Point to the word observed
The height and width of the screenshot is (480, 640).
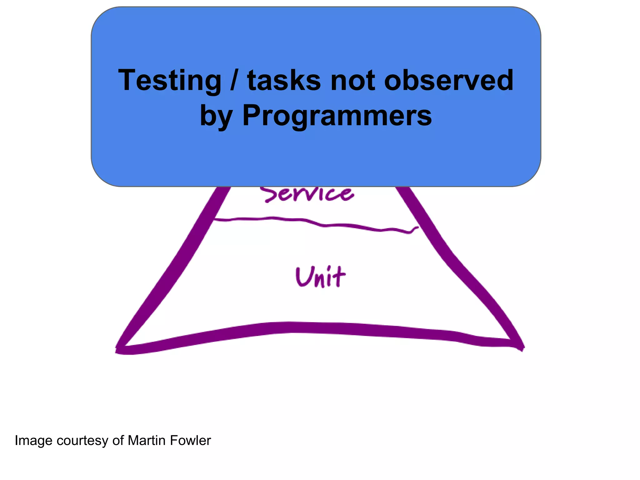(x=448, y=81)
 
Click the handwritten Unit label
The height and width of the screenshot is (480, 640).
(x=320, y=277)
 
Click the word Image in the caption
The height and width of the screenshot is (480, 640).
(x=33, y=441)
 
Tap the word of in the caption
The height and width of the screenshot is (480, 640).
(x=118, y=441)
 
